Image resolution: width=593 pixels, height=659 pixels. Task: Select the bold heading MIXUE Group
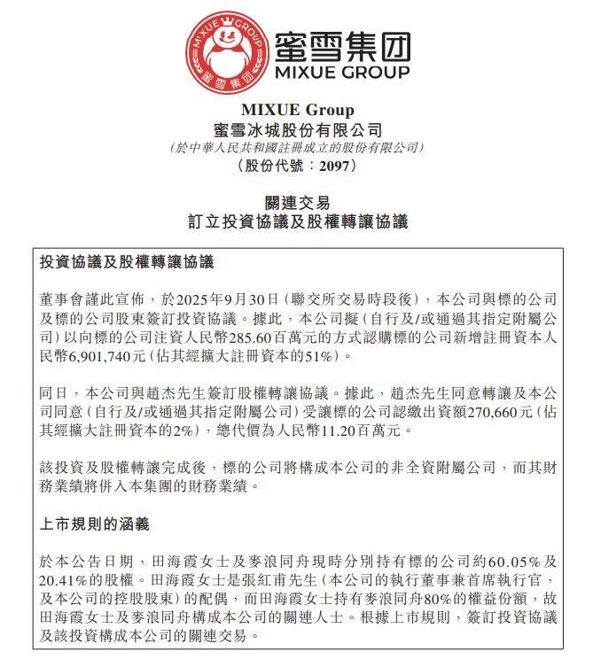(297, 111)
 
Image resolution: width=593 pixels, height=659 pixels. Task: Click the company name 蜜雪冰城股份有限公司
(297, 129)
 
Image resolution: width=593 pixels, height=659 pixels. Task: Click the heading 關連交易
(297, 203)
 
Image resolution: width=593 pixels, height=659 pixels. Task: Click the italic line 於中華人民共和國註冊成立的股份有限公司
(297, 147)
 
